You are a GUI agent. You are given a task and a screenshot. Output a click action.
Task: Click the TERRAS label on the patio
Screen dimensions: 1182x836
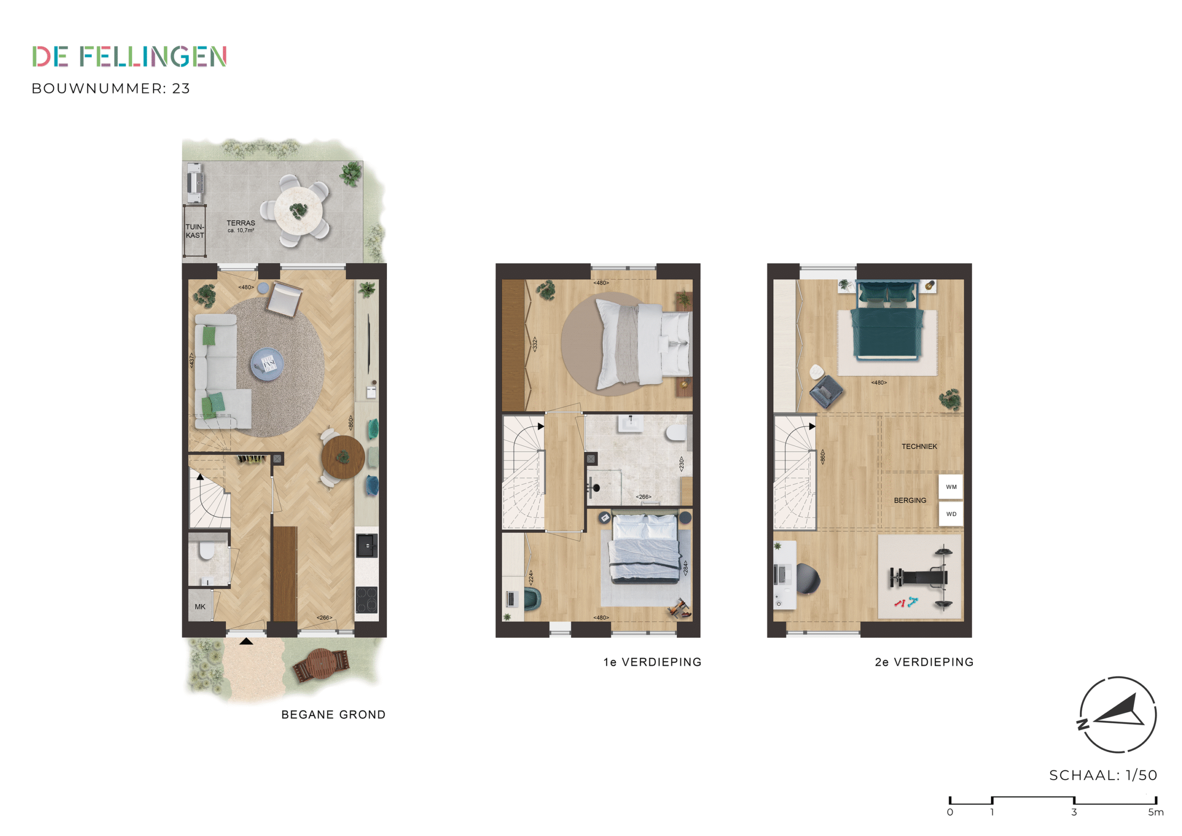coord(241,223)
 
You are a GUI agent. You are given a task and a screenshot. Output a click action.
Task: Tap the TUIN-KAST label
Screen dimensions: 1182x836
coord(194,231)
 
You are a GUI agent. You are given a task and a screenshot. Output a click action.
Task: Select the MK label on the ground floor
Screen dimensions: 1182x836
coord(200,607)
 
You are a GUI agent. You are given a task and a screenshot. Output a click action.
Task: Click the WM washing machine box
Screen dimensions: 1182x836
coord(951,487)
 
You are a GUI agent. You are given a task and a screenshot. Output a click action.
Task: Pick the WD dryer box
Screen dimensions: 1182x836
coord(951,514)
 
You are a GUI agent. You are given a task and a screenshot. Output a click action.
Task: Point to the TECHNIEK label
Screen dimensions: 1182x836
coord(919,447)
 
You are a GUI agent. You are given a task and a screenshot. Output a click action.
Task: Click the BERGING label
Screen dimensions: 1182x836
coord(910,500)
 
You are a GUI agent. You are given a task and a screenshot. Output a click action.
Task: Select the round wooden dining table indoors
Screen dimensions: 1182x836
coord(343,457)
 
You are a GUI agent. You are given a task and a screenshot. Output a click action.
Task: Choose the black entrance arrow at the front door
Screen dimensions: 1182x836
coord(247,641)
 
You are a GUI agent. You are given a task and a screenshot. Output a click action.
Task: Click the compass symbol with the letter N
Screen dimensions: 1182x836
coord(1118,715)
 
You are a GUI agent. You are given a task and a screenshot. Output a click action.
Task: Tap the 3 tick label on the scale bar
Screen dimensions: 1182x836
coord(1074,812)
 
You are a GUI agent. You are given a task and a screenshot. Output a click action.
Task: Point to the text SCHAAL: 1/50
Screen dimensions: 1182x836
coord(1103,775)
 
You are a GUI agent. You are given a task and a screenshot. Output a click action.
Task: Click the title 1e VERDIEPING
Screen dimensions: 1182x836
coord(652,662)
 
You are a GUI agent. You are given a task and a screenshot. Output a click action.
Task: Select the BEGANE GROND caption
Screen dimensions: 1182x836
coord(333,715)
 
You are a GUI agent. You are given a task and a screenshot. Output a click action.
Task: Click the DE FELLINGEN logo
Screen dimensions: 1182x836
coord(129,57)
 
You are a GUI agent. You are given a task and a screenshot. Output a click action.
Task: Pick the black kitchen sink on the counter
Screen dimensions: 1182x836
coord(367,545)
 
